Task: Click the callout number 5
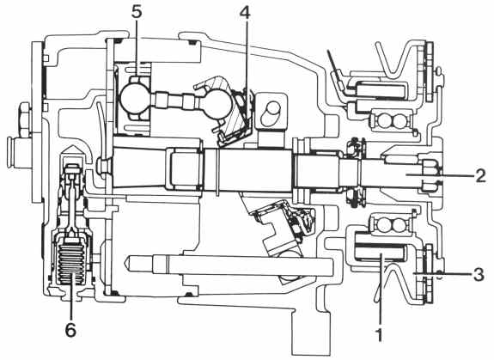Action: click(x=137, y=12)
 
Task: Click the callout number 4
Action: click(x=245, y=12)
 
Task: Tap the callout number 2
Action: click(x=480, y=175)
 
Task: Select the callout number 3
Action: click(x=479, y=274)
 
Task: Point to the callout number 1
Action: click(x=380, y=334)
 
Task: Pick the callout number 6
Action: click(x=70, y=330)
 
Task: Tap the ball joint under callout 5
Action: click(x=135, y=98)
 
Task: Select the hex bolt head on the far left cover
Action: click(x=25, y=119)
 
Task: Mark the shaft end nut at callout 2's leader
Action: click(x=430, y=175)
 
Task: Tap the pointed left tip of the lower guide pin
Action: click(x=126, y=260)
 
